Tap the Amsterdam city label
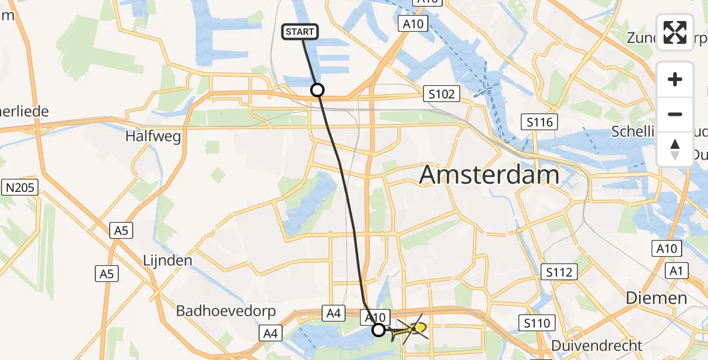point(489,175)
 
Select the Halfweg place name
point(153,137)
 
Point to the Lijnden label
point(167,260)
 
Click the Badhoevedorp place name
point(226,311)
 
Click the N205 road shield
point(20,188)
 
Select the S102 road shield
point(441,94)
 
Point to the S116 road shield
point(539,122)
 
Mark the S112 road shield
point(558,272)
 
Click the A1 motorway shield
point(677,272)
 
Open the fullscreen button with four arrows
point(675,32)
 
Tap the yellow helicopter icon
point(415,328)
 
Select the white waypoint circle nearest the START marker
point(317,90)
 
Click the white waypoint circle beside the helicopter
point(379,329)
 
